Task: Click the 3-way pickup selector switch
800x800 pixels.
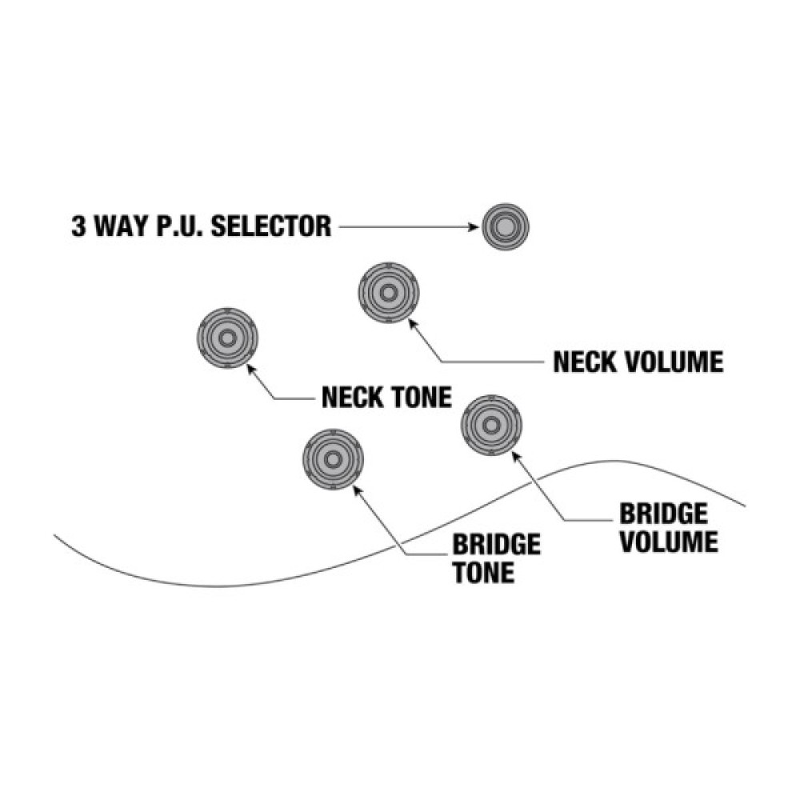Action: pos(504,227)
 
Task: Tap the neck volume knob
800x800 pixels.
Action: pos(388,293)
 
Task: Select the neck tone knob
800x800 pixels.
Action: pos(227,338)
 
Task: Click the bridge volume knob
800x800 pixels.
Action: pos(491,425)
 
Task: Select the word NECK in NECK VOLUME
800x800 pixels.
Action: pos(586,362)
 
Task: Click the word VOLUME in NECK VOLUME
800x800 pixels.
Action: pos(675,362)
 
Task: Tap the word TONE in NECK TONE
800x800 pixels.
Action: pos(420,397)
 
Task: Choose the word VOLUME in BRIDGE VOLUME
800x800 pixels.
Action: pos(670,542)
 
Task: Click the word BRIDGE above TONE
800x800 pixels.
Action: pos(496,546)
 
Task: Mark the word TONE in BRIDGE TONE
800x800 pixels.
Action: pos(483,574)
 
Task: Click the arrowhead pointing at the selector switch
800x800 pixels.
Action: pos(474,227)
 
